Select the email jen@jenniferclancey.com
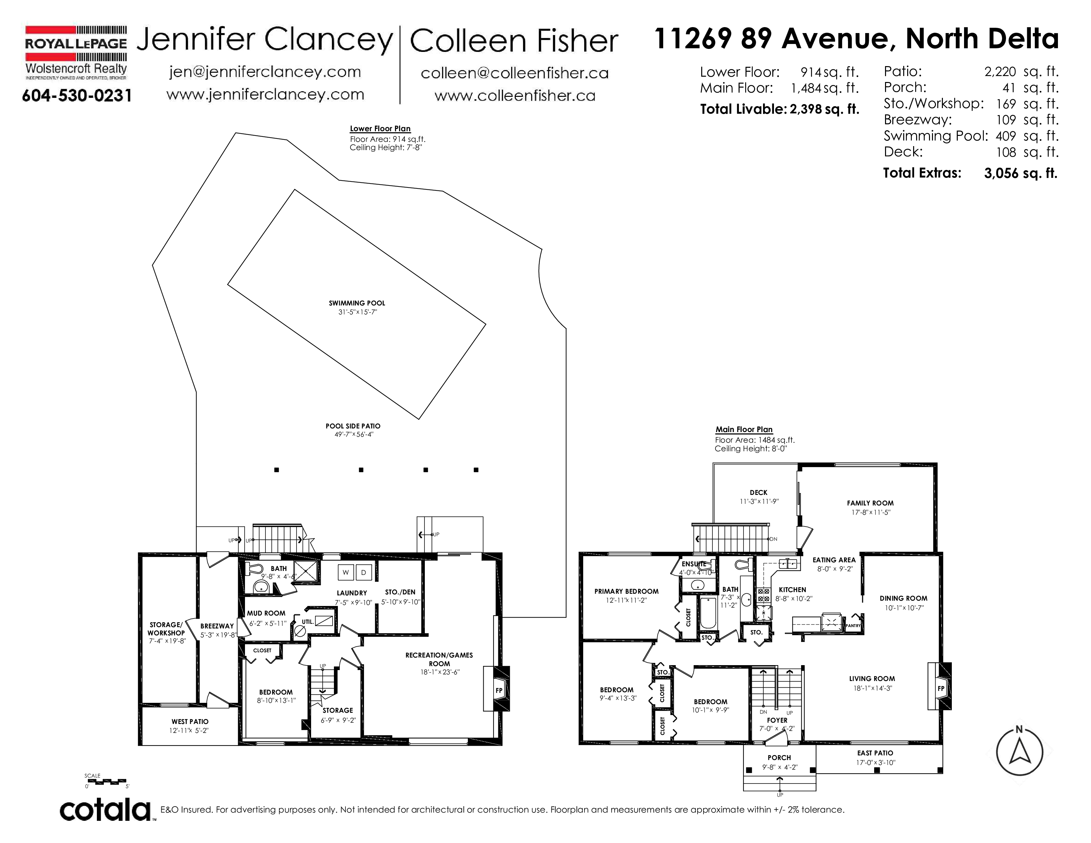click(265, 72)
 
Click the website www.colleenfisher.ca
click(515, 96)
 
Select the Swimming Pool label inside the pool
click(357, 303)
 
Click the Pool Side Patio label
click(353, 426)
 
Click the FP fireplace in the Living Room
click(941, 688)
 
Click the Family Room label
click(870, 503)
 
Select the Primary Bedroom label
click(626, 591)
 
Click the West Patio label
click(190, 722)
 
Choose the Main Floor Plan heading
click(744, 429)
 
